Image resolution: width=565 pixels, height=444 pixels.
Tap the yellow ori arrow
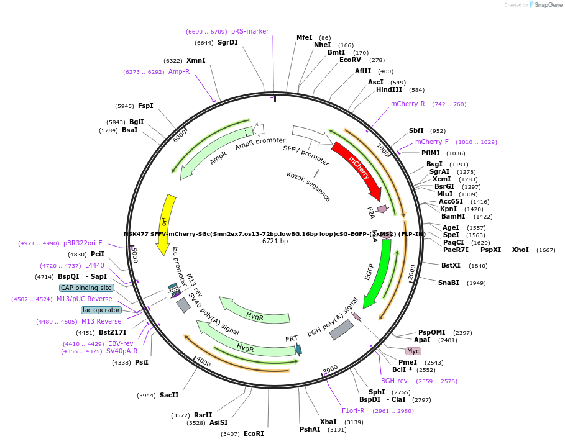(165, 222)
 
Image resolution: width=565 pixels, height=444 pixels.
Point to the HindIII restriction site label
(389, 89)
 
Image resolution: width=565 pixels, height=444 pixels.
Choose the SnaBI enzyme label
(449, 283)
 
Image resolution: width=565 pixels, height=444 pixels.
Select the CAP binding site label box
(86, 288)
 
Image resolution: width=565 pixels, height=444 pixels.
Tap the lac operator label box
(101, 310)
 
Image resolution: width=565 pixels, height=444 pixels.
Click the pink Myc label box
(413, 351)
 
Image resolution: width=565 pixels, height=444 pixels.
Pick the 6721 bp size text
(275, 242)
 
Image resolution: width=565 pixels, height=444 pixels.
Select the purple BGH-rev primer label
(393, 381)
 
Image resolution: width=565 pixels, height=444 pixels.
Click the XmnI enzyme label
(196, 60)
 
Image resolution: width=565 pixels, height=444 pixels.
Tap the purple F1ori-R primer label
(353, 410)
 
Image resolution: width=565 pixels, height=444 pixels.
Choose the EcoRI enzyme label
(254, 433)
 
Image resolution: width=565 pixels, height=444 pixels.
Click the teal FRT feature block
(298, 350)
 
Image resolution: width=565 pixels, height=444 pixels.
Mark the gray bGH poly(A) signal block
(341, 329)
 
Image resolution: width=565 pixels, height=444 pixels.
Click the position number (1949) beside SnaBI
(476, 283)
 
